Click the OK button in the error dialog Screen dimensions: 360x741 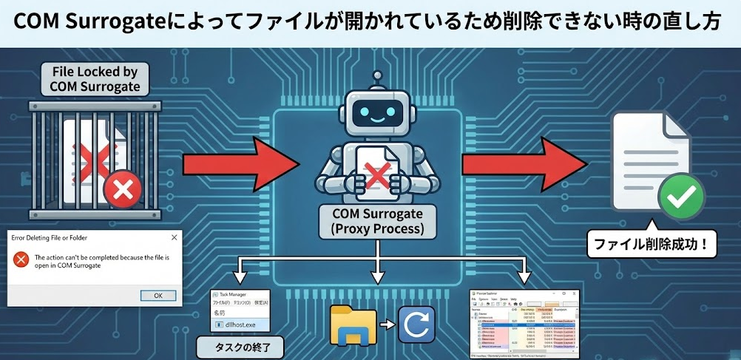coord(158,295)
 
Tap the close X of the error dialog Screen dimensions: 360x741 coord(175,237)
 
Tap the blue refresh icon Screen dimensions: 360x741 coord(416,325)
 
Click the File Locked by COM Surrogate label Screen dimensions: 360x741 coord(94,79)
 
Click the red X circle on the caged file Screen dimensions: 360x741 coord(123,191)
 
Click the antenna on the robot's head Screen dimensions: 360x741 coord(379,77)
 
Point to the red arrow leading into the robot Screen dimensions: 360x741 coord(235,163)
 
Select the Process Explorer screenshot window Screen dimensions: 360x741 coord(524,322)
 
